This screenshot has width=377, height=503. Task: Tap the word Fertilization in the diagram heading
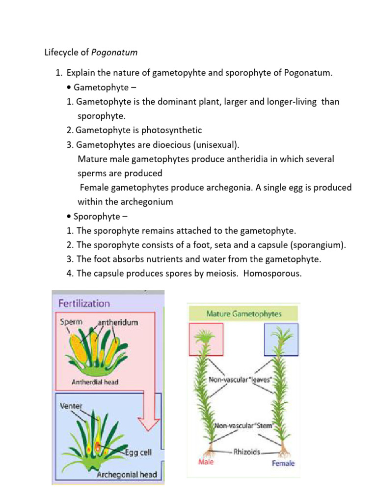(84, 303)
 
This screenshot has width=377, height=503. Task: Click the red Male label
(206, 463)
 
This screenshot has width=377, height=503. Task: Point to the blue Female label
(283, 463)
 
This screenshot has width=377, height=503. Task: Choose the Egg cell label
(139, 453)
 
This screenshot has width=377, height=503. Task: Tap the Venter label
(71, 406)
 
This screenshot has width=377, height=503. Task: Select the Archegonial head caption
(127, 475)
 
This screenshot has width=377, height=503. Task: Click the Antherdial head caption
(95, 382)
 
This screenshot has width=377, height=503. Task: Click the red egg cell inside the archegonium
(98, 446)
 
